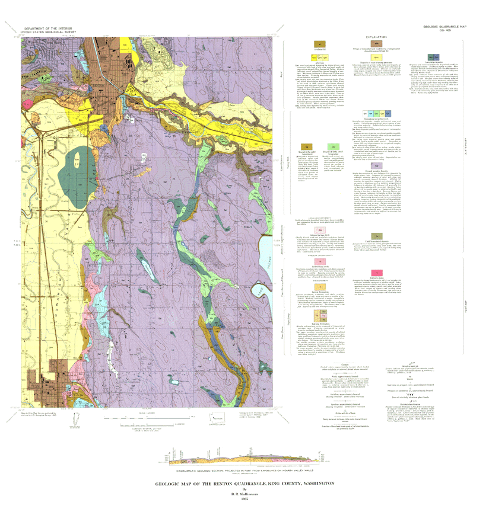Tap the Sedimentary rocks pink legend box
pos(320,261)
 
